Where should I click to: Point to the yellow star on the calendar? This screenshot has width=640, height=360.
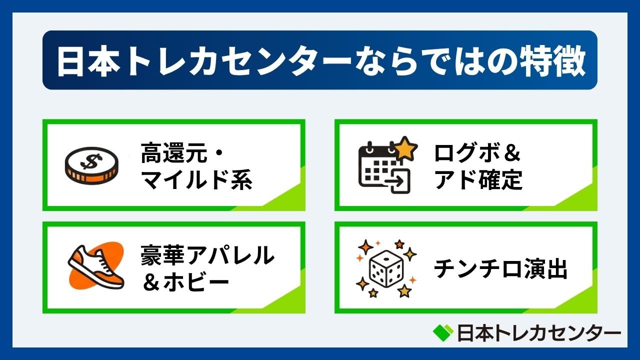point(405,149)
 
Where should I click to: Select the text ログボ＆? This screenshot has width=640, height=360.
point(478,154)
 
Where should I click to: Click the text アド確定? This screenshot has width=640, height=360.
point(478,179)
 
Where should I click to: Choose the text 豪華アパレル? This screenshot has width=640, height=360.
point(207,256)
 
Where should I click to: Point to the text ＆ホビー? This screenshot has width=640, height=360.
point(185,282)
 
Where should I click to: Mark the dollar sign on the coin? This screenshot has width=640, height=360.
point(90,161)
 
